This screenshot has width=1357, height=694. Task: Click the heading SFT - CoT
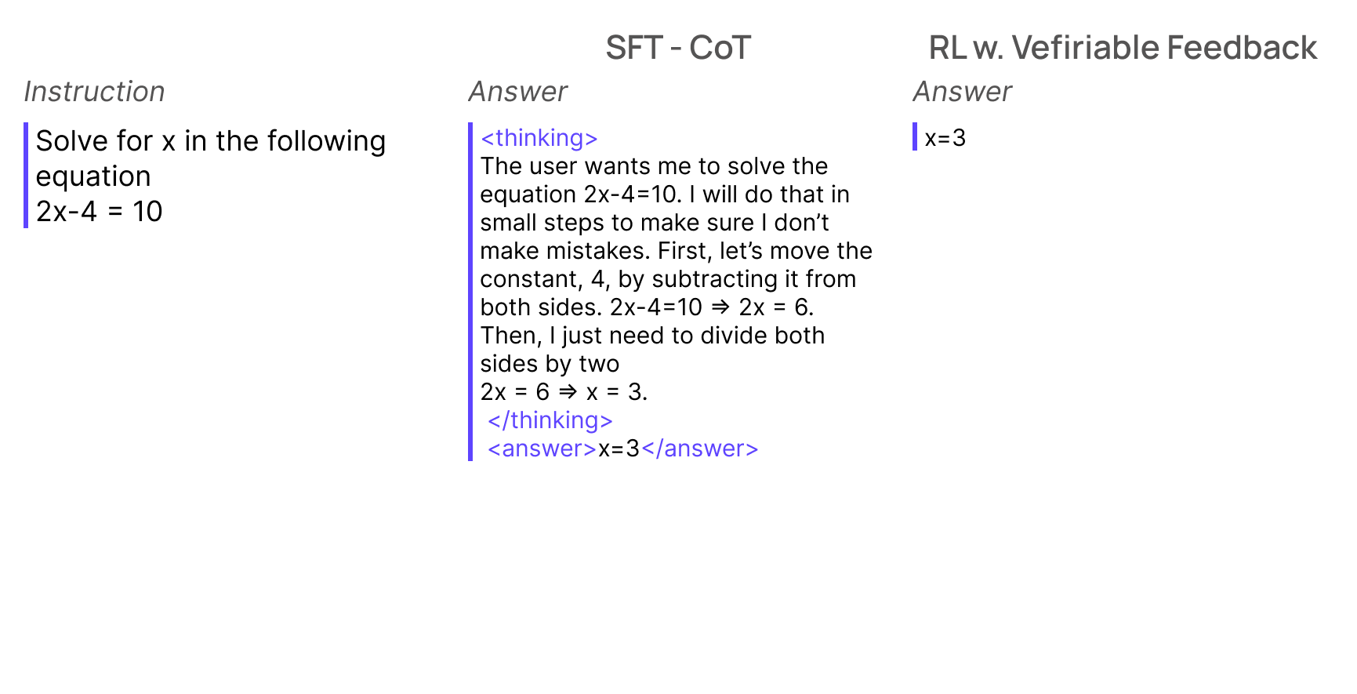(x=678, y=48)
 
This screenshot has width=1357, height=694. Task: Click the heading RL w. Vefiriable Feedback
(x=1122, y=48)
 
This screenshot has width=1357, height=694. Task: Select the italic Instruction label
(x=94, y=92)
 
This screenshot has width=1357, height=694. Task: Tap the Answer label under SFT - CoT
(x=517, y=92)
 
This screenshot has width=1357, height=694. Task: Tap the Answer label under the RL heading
(x=962, y=92)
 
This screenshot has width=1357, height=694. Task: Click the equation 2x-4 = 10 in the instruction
(x=99, y=211)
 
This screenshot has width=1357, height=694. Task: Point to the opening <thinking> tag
(x=539, y=139)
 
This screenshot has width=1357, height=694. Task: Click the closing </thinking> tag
(x=550, y=421)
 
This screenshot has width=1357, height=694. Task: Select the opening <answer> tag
(x=542, y=449)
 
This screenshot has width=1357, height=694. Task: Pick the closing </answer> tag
(x=700, y=449)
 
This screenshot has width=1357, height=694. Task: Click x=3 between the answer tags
(x=619, y=449)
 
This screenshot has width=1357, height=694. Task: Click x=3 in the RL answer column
(x=945, y=138)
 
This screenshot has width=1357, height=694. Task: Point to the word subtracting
(x=714, y=279)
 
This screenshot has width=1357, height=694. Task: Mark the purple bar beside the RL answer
(x=915, y=136)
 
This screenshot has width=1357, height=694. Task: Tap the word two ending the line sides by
(x=599, y=364)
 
